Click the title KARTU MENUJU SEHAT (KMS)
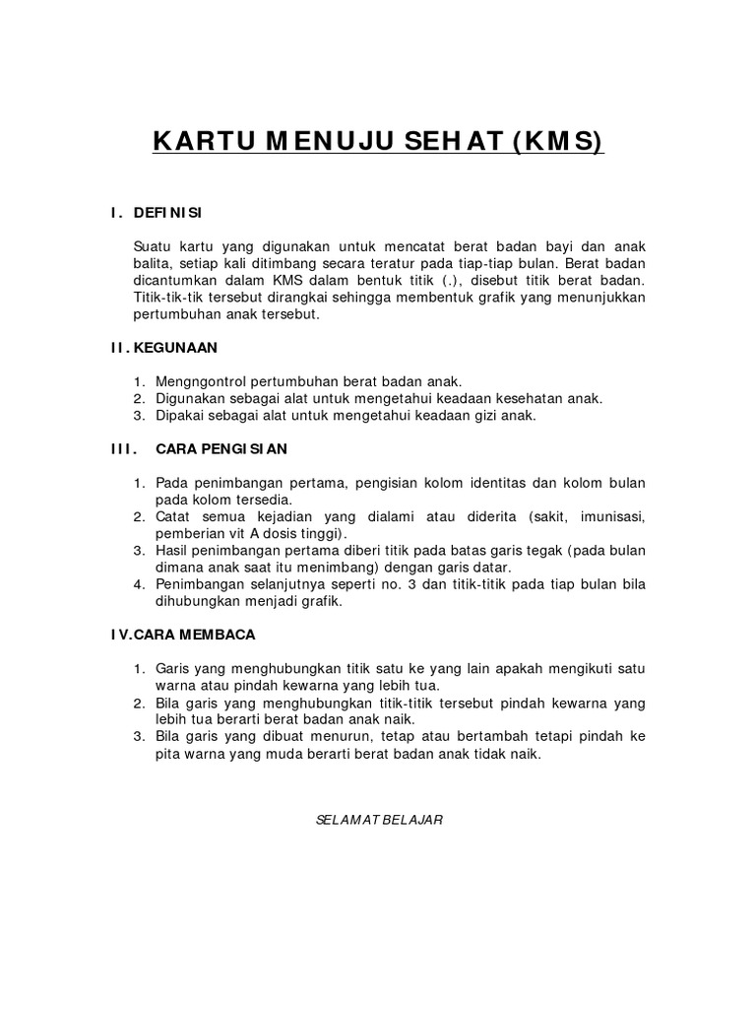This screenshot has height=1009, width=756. click(x=378, y=144)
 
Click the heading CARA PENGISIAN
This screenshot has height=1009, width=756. click(x=221, y=449)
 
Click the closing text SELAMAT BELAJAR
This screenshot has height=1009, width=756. click(x=378, y=820)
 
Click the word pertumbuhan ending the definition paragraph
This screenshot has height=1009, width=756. click(x=173, y=316)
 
